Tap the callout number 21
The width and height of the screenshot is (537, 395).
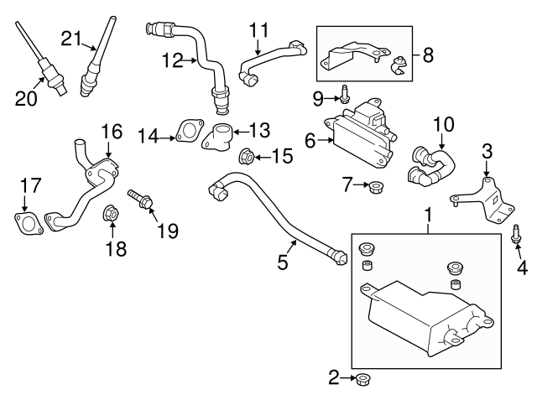pos(71,37)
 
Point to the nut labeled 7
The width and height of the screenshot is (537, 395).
pos(377,185)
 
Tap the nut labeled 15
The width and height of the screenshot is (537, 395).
pos(248,155)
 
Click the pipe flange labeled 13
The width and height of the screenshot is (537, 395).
pos(220,137)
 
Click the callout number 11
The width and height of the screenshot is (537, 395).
pos(258,31)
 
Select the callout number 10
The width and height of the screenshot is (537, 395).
pos(443,125)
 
